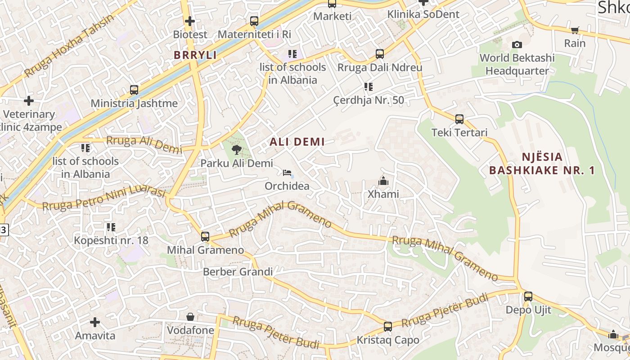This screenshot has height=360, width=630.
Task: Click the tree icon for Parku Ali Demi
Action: click(x=236, y=150)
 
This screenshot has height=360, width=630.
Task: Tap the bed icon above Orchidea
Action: click(x=287, y=173)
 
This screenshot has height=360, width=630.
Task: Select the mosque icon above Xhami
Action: click(x=383, y=181)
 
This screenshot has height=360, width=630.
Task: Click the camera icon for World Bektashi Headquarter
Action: click(x=517, y=45)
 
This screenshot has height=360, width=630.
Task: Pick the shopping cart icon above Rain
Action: click(x=575, y=30)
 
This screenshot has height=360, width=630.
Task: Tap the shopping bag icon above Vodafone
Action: click(x=190, y=317)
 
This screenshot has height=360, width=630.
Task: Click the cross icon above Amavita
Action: click(x=95, y=322)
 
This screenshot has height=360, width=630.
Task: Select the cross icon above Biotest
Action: click(x=190, y=21)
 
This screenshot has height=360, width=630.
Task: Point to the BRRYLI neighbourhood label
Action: click(x=195, y=55)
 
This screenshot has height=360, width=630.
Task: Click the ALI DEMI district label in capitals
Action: click(x=297, y=142)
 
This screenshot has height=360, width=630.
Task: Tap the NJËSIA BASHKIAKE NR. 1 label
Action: click(x=542, y=164)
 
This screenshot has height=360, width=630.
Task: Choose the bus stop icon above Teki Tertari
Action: click(x=459, y=119)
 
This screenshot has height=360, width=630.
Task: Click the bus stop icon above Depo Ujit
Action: click(x=528, y=297)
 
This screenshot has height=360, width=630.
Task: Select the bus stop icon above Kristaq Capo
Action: click(x=388, y=327)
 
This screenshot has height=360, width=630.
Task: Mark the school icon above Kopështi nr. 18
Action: click(x=111, y=227)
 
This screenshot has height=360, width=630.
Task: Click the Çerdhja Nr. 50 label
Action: click(x=369, y=100)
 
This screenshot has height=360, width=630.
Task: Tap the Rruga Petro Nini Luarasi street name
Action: click(x=104, y=198)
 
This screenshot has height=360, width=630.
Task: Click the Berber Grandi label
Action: click(x=238, y=272)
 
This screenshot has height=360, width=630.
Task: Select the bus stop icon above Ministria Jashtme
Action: click(x=134, y=90)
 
